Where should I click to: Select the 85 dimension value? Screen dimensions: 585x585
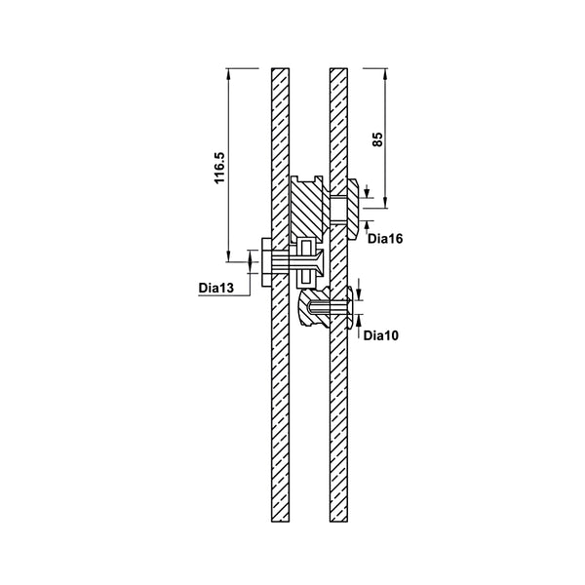pos(377,138)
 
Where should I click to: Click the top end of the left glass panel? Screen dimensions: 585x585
pos(280,71)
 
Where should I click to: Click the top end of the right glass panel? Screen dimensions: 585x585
pos(338,71)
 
